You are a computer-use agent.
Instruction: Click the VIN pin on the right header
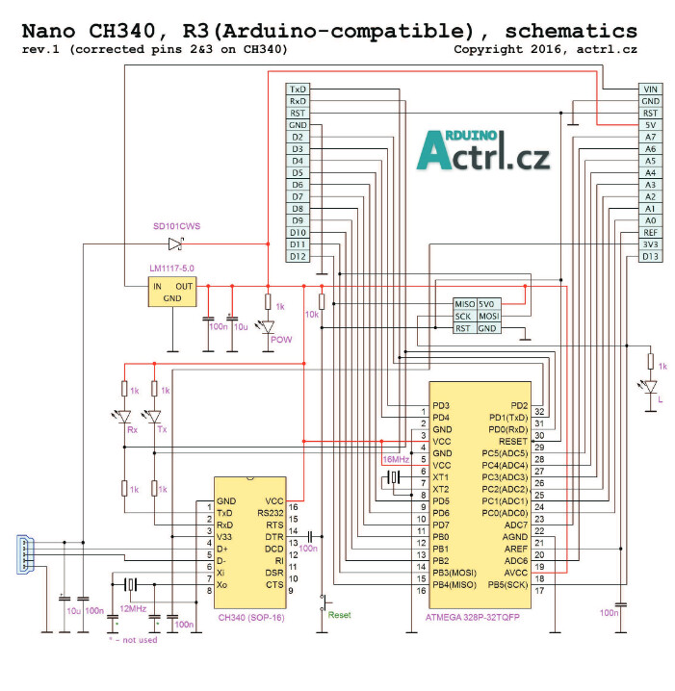(651, 90)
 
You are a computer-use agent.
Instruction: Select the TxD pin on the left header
(298, 90)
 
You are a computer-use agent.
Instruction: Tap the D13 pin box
(651, 256)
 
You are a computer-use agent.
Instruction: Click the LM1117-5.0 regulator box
(171, 292)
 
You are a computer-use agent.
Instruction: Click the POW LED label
(281, 340)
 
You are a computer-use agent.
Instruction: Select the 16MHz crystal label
(397, 461)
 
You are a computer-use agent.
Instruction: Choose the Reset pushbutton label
(339, 614)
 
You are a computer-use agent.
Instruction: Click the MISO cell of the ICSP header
(464, 304)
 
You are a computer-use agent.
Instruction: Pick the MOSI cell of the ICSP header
(489, 316)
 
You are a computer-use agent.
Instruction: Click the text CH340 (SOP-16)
(251, 617)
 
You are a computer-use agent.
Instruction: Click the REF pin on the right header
(651, 232)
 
